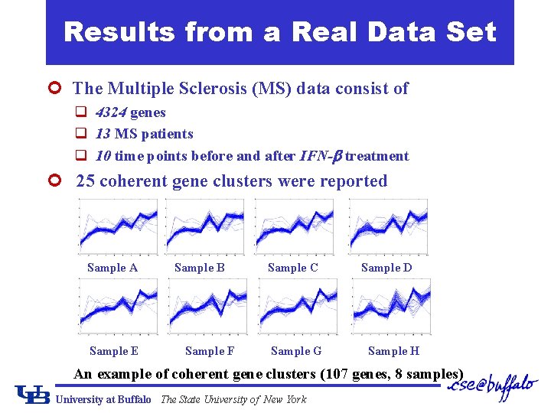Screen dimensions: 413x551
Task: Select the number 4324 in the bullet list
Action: pos(111,112)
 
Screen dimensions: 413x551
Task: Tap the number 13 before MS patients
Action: pos(103,134)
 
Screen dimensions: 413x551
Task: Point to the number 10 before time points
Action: pos(103,156)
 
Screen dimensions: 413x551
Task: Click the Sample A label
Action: pos(112,268)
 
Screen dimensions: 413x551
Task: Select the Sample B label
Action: pos(200,268)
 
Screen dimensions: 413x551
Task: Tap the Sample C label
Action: pos(293,268)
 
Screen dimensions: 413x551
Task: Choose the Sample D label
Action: pos(386,268)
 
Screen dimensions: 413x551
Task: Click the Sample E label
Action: pos(114,351)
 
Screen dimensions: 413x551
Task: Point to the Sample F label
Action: pos(210,351)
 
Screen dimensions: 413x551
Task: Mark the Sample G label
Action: pos(296,351)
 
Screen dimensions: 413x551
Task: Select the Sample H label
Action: pos(393,351)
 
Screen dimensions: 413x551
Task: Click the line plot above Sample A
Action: pos(119,226)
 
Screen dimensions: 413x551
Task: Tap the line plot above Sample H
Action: pos(391,306)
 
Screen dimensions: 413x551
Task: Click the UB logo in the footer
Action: pos(33,394)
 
